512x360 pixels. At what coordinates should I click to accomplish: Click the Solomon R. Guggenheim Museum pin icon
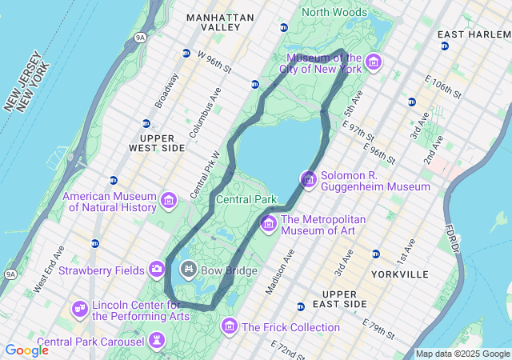(x=309, y=179)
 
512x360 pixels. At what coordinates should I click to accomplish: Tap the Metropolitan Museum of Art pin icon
(x=268, y=223)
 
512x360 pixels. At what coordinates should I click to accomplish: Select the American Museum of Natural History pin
(x=169, y=200)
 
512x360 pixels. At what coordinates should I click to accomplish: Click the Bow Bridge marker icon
(x=189, y=269)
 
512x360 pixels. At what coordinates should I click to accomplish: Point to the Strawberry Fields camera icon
(x=157, y=269)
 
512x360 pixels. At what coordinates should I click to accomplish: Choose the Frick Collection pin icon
(x=230, y=326)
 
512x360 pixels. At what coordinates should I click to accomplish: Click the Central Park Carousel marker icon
(x=157, y=342)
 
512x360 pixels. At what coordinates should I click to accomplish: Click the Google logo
(x=26, y=350)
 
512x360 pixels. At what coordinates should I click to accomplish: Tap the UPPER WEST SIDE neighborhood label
(x=157, y=142)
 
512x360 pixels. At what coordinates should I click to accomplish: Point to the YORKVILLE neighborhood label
(x=400, y=274)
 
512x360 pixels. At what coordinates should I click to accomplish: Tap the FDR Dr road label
(x=453, y=238)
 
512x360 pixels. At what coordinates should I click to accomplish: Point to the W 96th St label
(x=214, y=62)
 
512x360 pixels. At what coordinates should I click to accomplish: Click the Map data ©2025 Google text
(x=462, y=354)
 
